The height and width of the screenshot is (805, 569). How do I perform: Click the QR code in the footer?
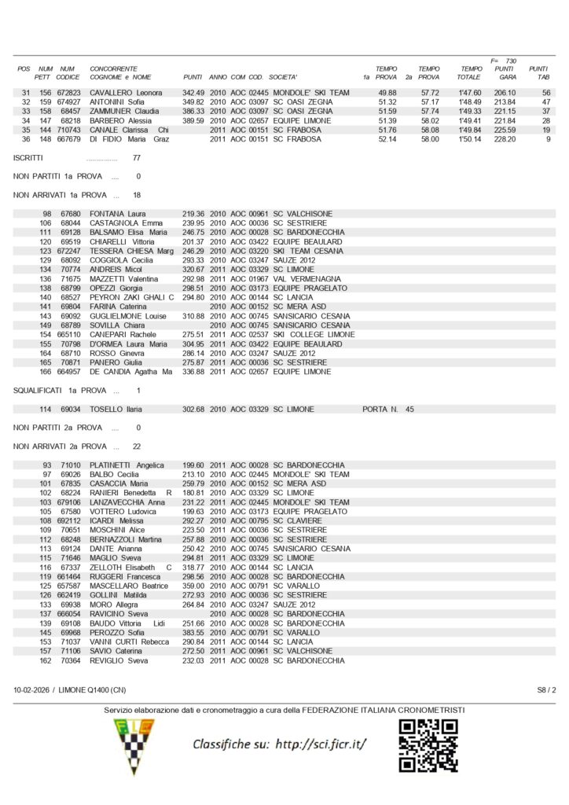pyautogui.click(x=428, y=744)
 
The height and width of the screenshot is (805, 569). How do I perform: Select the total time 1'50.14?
pyautogui.click(x=470, y=139)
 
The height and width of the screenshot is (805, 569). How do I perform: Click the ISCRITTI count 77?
pyautogui.click(x=137, y=158)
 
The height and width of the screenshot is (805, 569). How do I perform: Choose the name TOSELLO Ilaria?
pyautogui.click(x=119, y=410)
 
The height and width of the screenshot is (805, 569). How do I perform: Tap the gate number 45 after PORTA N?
pyautogui.click(x=409, y=410)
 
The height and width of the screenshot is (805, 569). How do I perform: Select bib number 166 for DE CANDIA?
pyautogui.click(x=46, y=372)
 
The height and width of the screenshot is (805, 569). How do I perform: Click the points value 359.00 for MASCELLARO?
pyautogui.click(x=193, y=586)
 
